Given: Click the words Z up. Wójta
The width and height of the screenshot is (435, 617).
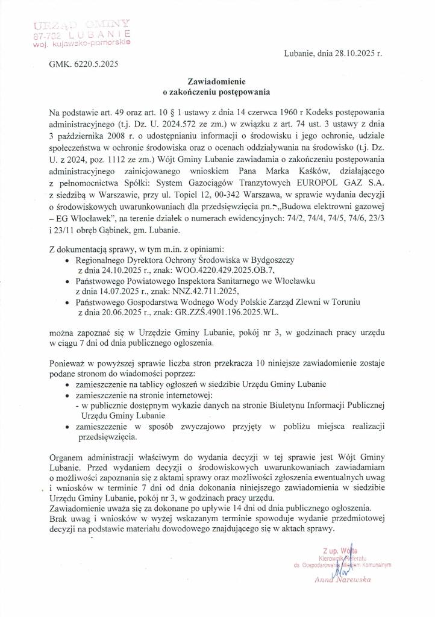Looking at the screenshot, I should (340, 551).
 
